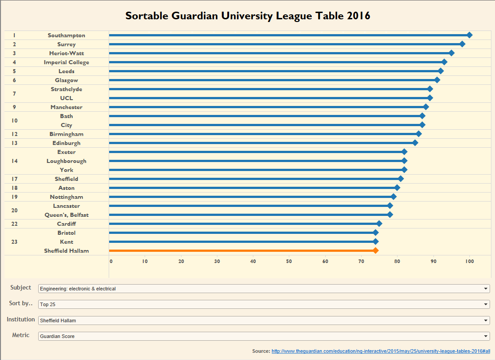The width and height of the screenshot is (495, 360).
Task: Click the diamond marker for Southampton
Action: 469,35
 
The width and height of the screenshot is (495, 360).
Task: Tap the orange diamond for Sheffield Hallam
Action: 376,250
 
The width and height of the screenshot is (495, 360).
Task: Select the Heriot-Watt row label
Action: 66,53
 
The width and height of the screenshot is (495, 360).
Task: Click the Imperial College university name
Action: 66,62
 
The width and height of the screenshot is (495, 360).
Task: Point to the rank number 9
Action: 14,107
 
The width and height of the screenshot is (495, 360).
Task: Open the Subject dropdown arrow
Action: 486,289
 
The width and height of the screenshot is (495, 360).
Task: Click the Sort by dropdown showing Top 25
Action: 264,304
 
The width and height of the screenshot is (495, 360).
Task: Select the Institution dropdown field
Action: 264,320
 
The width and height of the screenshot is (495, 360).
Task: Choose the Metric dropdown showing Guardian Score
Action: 264,336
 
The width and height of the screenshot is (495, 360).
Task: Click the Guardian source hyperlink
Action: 380,351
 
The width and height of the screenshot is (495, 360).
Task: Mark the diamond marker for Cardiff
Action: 379,224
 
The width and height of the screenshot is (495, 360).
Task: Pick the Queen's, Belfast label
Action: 66,215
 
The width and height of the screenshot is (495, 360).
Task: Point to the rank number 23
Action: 14,241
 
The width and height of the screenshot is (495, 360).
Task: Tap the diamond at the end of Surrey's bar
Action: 462,44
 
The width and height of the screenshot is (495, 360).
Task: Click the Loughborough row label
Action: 66,161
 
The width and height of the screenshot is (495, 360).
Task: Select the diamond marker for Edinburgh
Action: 415,143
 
